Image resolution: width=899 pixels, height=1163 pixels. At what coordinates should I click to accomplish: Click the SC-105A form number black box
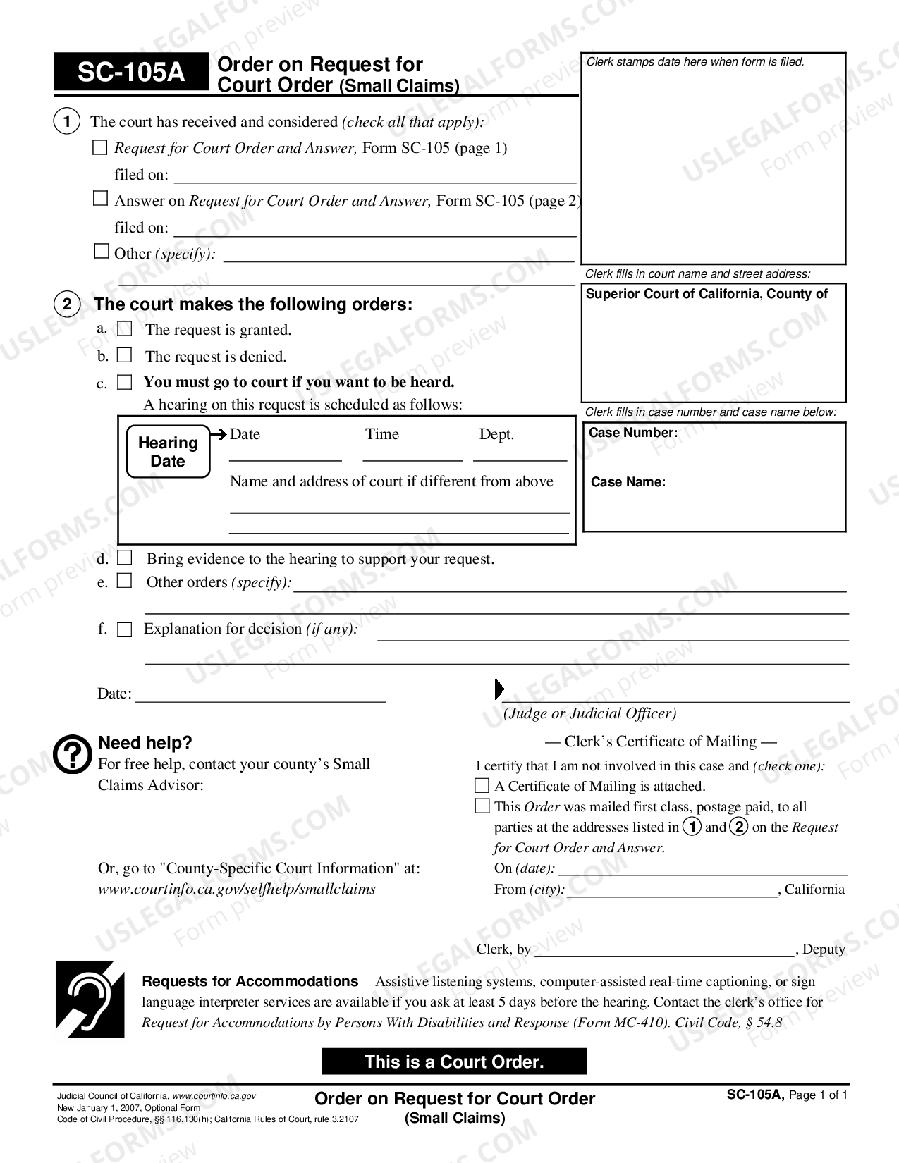click(x=131, y=72)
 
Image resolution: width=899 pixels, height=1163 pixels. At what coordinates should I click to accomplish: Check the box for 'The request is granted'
click(x=125, y=328)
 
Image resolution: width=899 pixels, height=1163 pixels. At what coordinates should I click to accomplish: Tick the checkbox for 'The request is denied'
click(x=125, y=355)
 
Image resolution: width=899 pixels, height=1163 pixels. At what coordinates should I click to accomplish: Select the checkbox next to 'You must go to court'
click(x=125, y=382)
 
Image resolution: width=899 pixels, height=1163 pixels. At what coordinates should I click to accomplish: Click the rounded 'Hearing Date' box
click(x=168, y=452)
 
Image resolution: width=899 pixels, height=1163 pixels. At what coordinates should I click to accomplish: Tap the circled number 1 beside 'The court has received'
click(x=67, y=122)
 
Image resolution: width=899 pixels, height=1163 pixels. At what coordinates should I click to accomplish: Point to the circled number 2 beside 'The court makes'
click(x=67, y=304)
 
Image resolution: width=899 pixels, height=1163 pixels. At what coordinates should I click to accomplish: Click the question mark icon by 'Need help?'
click(x=73, y=755)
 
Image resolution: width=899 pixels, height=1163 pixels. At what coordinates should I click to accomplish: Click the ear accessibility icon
click(x=90, y=999)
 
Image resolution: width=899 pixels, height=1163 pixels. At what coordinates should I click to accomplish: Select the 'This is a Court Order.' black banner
click(x=454, y=1062)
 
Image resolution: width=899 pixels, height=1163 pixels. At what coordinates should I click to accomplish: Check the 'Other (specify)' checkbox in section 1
click(x=102, y=252)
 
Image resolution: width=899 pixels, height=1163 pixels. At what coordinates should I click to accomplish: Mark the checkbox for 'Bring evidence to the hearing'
click(x=125, y=558)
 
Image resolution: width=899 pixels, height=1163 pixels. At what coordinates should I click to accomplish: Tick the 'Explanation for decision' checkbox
click(x=125, y=629)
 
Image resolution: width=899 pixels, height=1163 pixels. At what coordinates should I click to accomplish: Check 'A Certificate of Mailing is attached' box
click(x=482, y=785)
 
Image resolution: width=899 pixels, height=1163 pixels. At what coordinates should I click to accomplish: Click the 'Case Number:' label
click(x=632, y=433)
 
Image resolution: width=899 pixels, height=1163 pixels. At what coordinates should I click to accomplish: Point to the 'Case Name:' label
click(x=628, y=482)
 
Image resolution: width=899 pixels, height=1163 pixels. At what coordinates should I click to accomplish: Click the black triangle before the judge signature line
click(x=499, y=689)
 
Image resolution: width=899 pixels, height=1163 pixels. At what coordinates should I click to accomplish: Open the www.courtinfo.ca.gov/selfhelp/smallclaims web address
click(x=236, y=889)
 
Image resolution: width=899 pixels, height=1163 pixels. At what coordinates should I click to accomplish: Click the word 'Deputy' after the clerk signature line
click(x=824, y=949)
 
